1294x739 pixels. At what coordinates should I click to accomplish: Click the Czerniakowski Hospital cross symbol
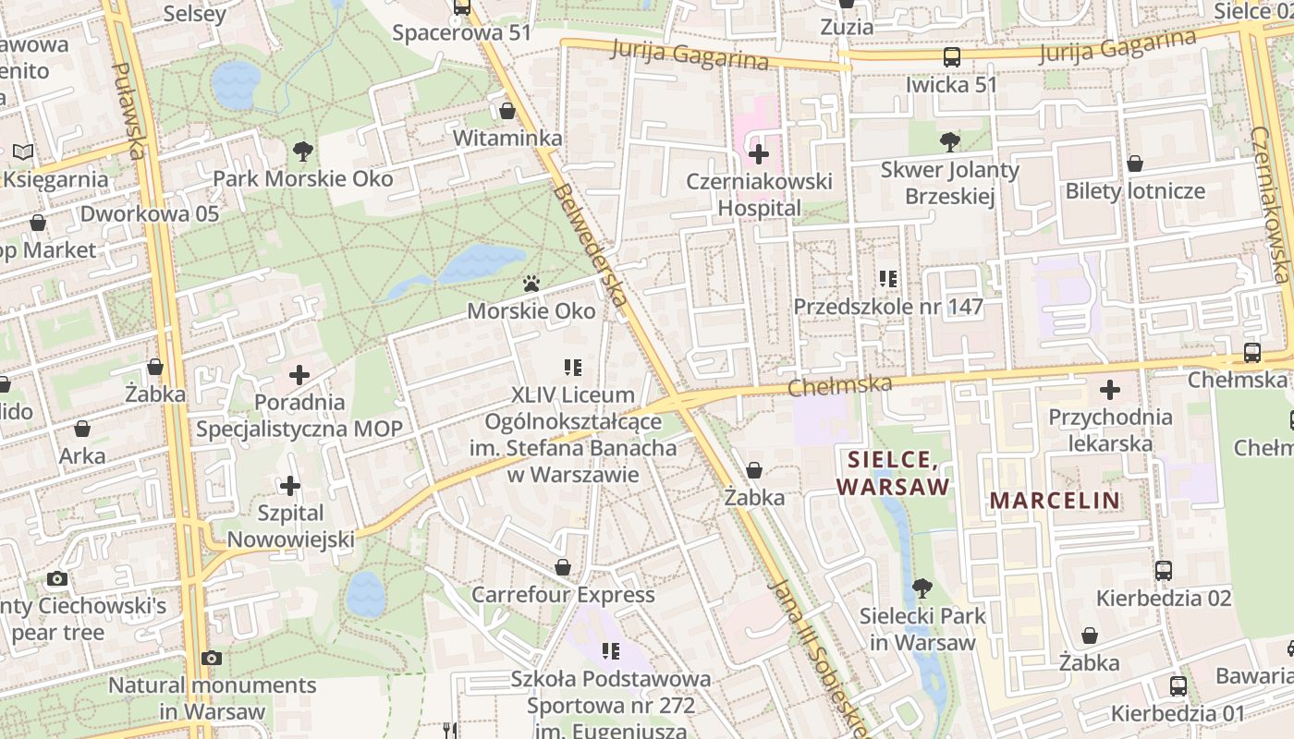click(x=759, y=153)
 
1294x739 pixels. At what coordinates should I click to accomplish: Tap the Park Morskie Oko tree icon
click(x=302, y=151)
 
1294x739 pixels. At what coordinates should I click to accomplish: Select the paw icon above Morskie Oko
click(x=531, y=284)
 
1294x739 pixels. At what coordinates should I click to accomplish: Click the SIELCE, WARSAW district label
click(x=892, y=472)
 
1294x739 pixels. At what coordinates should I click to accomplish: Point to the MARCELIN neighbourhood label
click(x=1055, y=501)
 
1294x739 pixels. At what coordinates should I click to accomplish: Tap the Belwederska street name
click(x=592, y=245)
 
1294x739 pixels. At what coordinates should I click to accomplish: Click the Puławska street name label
click(x=129, y=111)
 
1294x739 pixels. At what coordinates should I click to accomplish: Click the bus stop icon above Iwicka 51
click(x=951, y=57)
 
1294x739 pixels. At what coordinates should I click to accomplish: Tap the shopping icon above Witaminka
click(x=507, y=112)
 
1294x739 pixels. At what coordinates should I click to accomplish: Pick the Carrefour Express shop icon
click(x=562, y=567)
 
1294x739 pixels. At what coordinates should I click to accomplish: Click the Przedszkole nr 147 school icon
click(x=888, y=278)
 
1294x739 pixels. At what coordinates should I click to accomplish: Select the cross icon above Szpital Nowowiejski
click(x=290, y=486)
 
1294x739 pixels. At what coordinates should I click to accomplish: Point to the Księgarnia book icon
click(x=23, y=151)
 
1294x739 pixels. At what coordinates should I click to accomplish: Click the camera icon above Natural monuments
click(x=212, y=658)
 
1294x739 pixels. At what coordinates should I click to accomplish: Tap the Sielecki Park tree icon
click(x=922, y=588)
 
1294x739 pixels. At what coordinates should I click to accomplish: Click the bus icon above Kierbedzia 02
click(x=1164, y=571)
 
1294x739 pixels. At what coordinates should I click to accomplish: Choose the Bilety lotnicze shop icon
click(x=1135, y=164)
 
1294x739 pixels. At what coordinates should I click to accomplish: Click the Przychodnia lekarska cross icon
click(x=1109, y=390)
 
